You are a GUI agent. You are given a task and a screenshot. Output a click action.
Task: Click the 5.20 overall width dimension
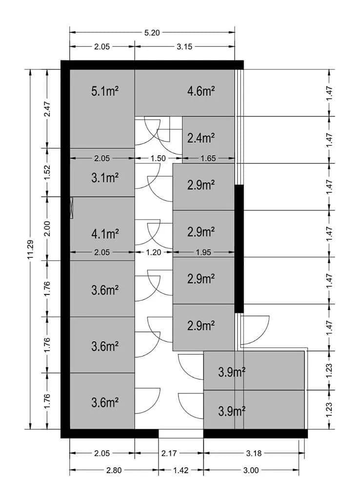152,33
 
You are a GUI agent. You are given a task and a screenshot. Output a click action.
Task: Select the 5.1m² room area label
105,91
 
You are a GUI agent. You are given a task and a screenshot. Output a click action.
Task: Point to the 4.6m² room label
200,91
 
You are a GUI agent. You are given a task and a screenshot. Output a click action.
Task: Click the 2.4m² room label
200,138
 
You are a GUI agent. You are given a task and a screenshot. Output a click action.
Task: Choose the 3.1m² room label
105,178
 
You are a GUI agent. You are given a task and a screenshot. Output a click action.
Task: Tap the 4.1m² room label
105,234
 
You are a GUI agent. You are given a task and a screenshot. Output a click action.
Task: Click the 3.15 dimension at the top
184,47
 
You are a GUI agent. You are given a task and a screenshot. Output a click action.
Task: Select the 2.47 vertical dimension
47,109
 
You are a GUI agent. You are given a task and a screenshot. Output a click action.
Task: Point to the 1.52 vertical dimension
47,172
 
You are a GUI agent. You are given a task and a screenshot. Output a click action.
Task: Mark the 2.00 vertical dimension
47,229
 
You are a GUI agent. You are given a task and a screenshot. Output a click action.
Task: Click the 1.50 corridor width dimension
158,159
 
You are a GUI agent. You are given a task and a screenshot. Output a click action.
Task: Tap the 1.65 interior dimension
208,159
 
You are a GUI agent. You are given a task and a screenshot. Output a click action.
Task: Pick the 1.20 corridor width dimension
153,252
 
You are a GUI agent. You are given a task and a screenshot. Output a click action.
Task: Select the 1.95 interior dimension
203,252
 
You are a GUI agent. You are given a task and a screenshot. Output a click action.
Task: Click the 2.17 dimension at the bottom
169,453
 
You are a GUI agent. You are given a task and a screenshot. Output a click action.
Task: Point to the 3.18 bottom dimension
254,453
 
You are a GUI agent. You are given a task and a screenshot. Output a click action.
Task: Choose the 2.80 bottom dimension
114,470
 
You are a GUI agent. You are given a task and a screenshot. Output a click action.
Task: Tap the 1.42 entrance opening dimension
181,470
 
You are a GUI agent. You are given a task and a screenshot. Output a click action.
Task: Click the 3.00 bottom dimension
251,470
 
